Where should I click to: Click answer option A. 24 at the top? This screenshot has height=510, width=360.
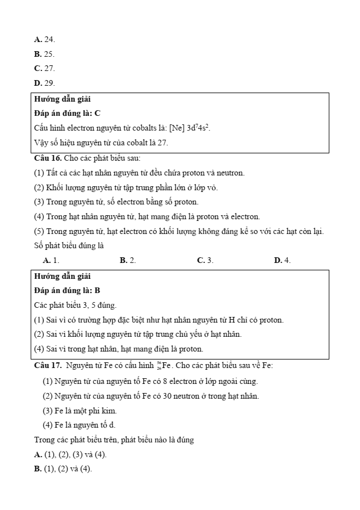(44, 39)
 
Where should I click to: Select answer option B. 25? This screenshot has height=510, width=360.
(44, 54)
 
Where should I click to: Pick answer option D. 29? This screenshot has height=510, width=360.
(44, 83)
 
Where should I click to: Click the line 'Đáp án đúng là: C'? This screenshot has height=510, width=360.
(68, 113)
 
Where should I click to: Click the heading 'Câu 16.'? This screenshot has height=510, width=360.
(48, 157)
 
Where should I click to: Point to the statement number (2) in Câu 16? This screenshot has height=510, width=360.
(39, 187)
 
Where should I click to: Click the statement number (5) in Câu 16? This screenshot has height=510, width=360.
(39, 231)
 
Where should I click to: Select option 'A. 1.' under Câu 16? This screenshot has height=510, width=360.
(51, 260)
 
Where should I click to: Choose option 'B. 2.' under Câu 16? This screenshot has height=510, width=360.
(128, 260)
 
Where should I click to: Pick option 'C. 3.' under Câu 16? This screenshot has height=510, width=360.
(205, 260)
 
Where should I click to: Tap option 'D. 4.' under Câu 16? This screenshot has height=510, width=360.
(282, 260)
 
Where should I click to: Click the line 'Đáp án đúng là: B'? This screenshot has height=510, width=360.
(68, 290)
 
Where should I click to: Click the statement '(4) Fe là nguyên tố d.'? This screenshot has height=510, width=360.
(79, 425)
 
